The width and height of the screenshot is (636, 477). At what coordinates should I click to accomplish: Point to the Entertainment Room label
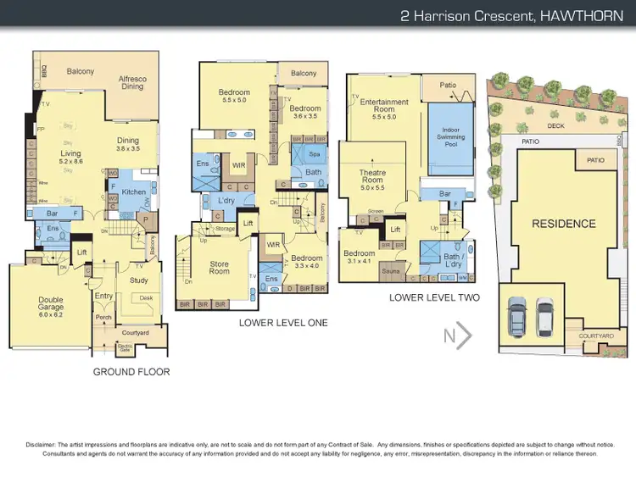(384, 106)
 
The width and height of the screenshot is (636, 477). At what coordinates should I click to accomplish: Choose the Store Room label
(220, 267)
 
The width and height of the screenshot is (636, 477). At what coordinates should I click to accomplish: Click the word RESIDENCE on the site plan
(563, 225)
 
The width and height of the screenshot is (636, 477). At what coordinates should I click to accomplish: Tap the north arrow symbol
(458, 336)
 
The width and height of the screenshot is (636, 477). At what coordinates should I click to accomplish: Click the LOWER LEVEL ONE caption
(283, 323)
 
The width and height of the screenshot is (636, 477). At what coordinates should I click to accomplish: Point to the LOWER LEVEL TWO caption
(434, 297)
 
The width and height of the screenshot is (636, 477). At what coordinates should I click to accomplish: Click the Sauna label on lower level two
(390, 271)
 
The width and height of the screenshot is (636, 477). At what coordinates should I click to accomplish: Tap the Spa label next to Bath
(315, 155)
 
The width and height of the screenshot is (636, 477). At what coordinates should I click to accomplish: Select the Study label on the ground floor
(138, 280)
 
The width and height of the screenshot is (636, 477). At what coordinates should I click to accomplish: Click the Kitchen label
(134, 192)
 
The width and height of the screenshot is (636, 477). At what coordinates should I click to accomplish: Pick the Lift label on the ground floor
(82, 252)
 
